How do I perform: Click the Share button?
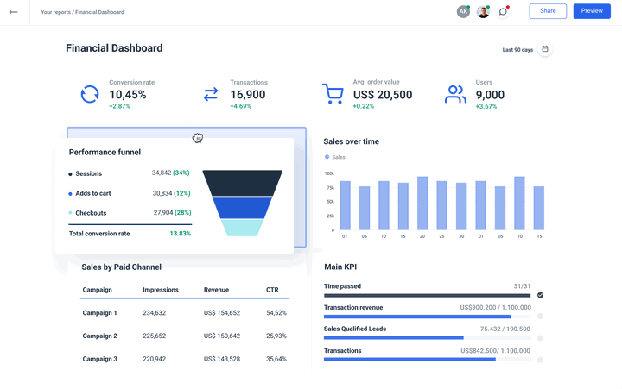tap(548, 11)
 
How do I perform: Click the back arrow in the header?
tap(13, 12)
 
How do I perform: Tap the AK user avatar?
tap(463, 12)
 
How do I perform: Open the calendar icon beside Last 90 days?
tap(545, 49)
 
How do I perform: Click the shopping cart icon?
tap(333, 94)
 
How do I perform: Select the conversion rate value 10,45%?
tap(128, 95)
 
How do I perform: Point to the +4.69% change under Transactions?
tap(240, 106)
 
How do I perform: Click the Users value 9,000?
tap(490, 95)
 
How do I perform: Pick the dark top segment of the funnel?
tap(242, 183)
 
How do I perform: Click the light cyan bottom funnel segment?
tap(242, 228)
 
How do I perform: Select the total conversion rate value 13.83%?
tap(180, 234)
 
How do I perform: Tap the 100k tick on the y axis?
tap(329, 173)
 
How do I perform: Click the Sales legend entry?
tap(335, 157)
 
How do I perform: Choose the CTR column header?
tap(273, 290)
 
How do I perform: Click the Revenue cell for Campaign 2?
tap(222, 336)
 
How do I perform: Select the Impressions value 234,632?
tap(155, 313)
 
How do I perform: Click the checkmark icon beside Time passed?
tap(540, 295)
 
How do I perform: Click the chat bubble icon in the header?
tap(503, 12)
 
